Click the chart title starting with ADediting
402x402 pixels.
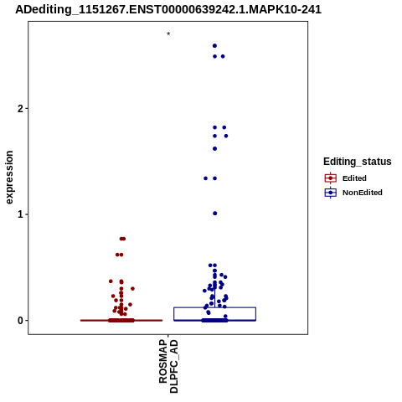click(168, 9)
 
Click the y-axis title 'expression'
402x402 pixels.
click(9, 178)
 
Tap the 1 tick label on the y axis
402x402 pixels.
click(20, 214)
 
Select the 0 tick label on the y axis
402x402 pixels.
click(20, 321)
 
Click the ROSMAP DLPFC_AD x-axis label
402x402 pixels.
click(168, 366)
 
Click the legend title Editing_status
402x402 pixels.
click(358, 162)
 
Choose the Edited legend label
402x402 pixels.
click(354, 178)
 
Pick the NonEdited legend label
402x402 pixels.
click(363, 193)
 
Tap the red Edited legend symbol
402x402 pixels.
click(331, 178)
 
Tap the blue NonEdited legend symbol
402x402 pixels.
click(331, 193)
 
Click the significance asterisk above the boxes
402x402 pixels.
click(168, 34)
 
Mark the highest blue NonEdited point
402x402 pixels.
click(214, 46)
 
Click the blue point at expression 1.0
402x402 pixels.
click(215, 214)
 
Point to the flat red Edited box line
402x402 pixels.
click(121, 320)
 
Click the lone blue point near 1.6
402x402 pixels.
click(214, 149)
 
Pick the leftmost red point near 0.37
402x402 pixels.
click(111, 281)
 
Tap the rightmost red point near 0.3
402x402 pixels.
click(132, 289)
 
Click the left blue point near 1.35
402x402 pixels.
click(206, 178)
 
